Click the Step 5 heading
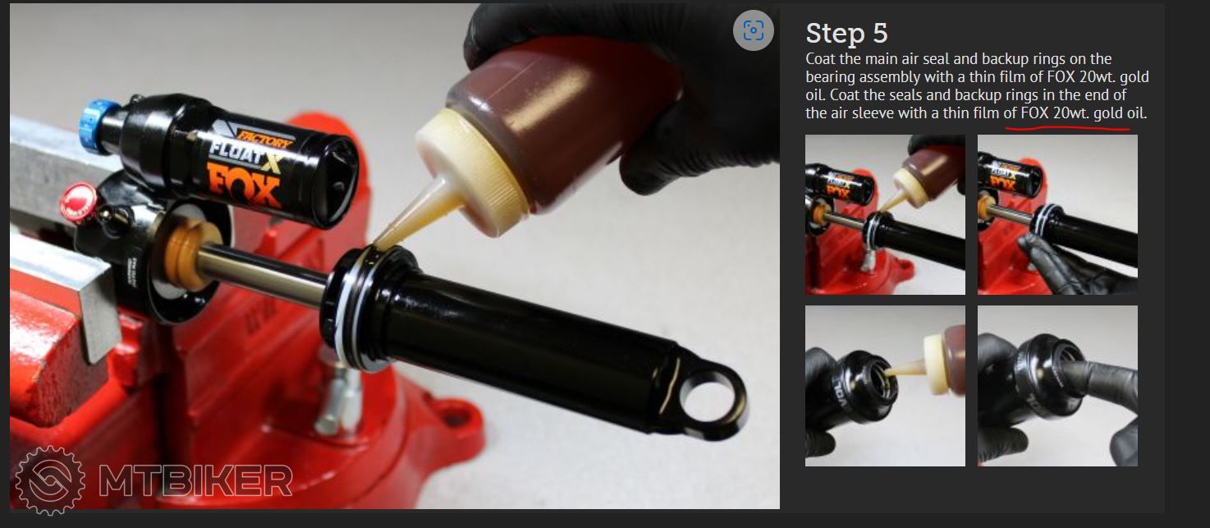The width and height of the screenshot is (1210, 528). [x=846, y=34]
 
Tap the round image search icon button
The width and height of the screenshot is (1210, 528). [x=753, y=30]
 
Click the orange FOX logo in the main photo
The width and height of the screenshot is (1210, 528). [x=244, y=186]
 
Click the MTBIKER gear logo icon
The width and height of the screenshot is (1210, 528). [x=50, y=480]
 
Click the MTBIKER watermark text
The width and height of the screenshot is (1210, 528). [x=195, y=480]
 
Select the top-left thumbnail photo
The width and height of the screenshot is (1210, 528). [x=885, y=214]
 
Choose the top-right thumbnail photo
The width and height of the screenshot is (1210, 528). [x=1057, y=214]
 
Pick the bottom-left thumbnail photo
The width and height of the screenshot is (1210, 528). [x=885, y=386]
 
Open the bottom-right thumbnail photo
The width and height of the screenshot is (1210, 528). [x=1057, y=386]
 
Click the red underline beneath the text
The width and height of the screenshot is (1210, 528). [x=1067, y=128]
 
